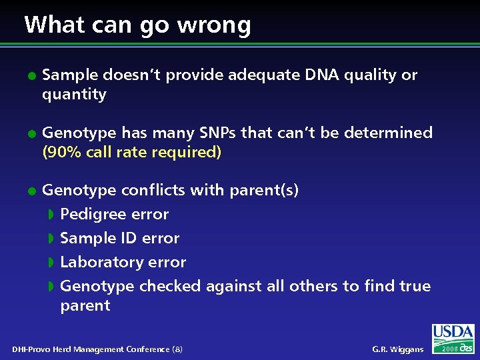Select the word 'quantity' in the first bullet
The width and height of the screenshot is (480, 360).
(x=74, y=95)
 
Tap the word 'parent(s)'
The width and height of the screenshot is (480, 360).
(x=264, y=191)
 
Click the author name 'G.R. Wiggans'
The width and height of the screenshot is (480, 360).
(x=397, y=349)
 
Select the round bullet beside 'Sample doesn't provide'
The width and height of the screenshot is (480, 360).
(x=31, y=75)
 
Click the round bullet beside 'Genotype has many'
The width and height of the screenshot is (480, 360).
(x=31, y=133)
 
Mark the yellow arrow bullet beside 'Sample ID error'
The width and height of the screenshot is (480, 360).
(x=51, y=239)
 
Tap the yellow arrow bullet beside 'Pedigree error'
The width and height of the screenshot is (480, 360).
(x=51, y=215)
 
